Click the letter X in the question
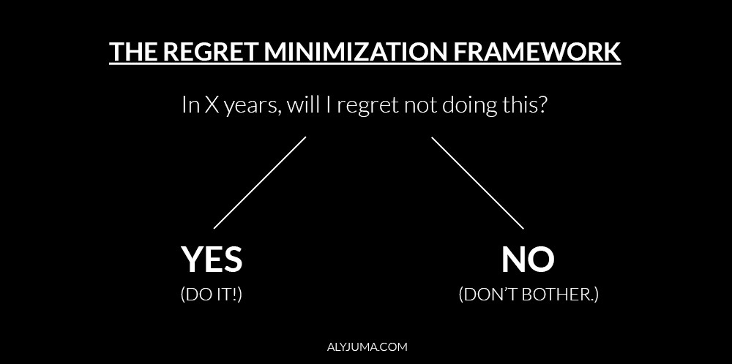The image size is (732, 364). coord(211,105)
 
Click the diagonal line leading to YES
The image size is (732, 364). coord(260,183)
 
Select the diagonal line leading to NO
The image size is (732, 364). coord(477,183)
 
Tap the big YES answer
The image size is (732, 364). coord(212,259)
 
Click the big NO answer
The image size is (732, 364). coord(528,259)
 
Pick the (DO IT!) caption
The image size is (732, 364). coord(211,295)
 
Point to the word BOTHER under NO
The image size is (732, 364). coord(560,295)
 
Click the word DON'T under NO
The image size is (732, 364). coord(489,295)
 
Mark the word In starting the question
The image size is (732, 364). coord(189,105)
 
